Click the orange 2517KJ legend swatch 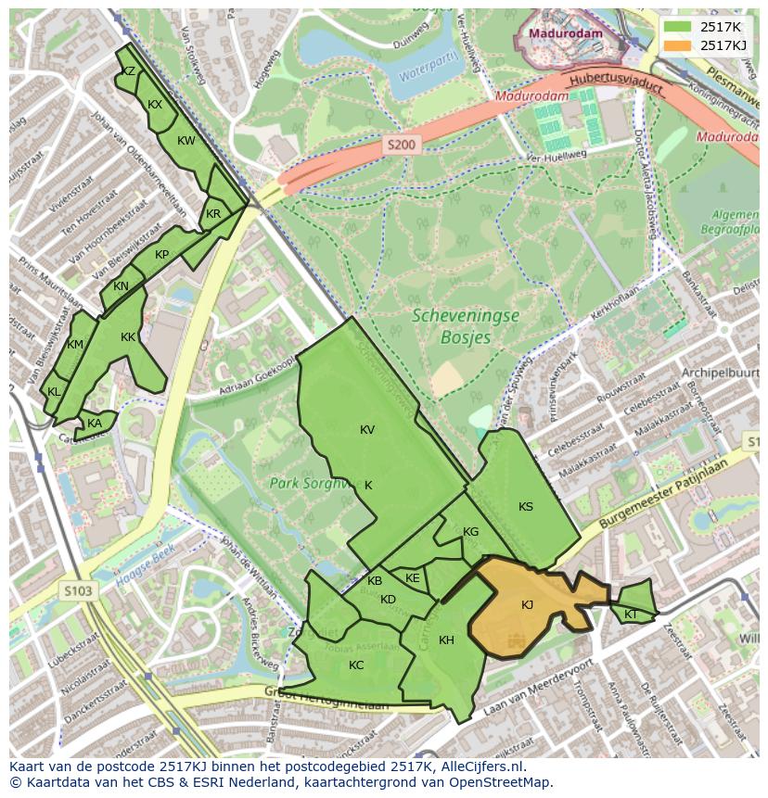pyautogui.click(x=677, y=45)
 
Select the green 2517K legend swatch pyautogui.click(x=677, y=28)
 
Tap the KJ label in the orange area pyautogui.click(x=527, y=605)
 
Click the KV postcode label pyautogui.click(x=367, y=429)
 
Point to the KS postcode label pyautogui.click(x=526, y=506)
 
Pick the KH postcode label pyautogui.click(x=446, y=640)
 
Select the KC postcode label pyautogui.click(x=356, y=665)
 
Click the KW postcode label pyautogui.click(x=186, y=141)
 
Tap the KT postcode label pyautogui.click(x=631, y=614)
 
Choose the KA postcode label pyautogui.click(x=95, y=424)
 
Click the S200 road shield pyautogui.click(x=402, y=145)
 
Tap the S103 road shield pyautogui.click(x=80, y=589)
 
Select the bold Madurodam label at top pyautogui.click(x=566, y=34)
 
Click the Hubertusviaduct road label pyautogui.click(x=617, y=84)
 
